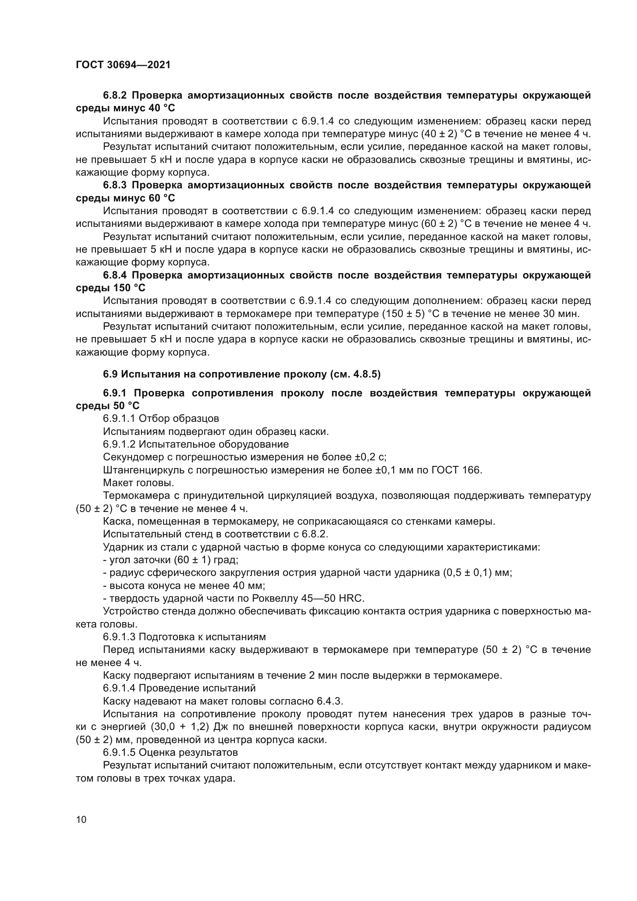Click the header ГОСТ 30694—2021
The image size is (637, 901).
(123, 65)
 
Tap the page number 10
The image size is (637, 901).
(81, 819)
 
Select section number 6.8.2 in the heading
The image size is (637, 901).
(116, 96)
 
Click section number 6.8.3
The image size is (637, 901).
(116, 185)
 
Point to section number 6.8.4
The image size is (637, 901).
(116, 275)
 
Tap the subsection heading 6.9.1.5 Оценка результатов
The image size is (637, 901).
(170, 753)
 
